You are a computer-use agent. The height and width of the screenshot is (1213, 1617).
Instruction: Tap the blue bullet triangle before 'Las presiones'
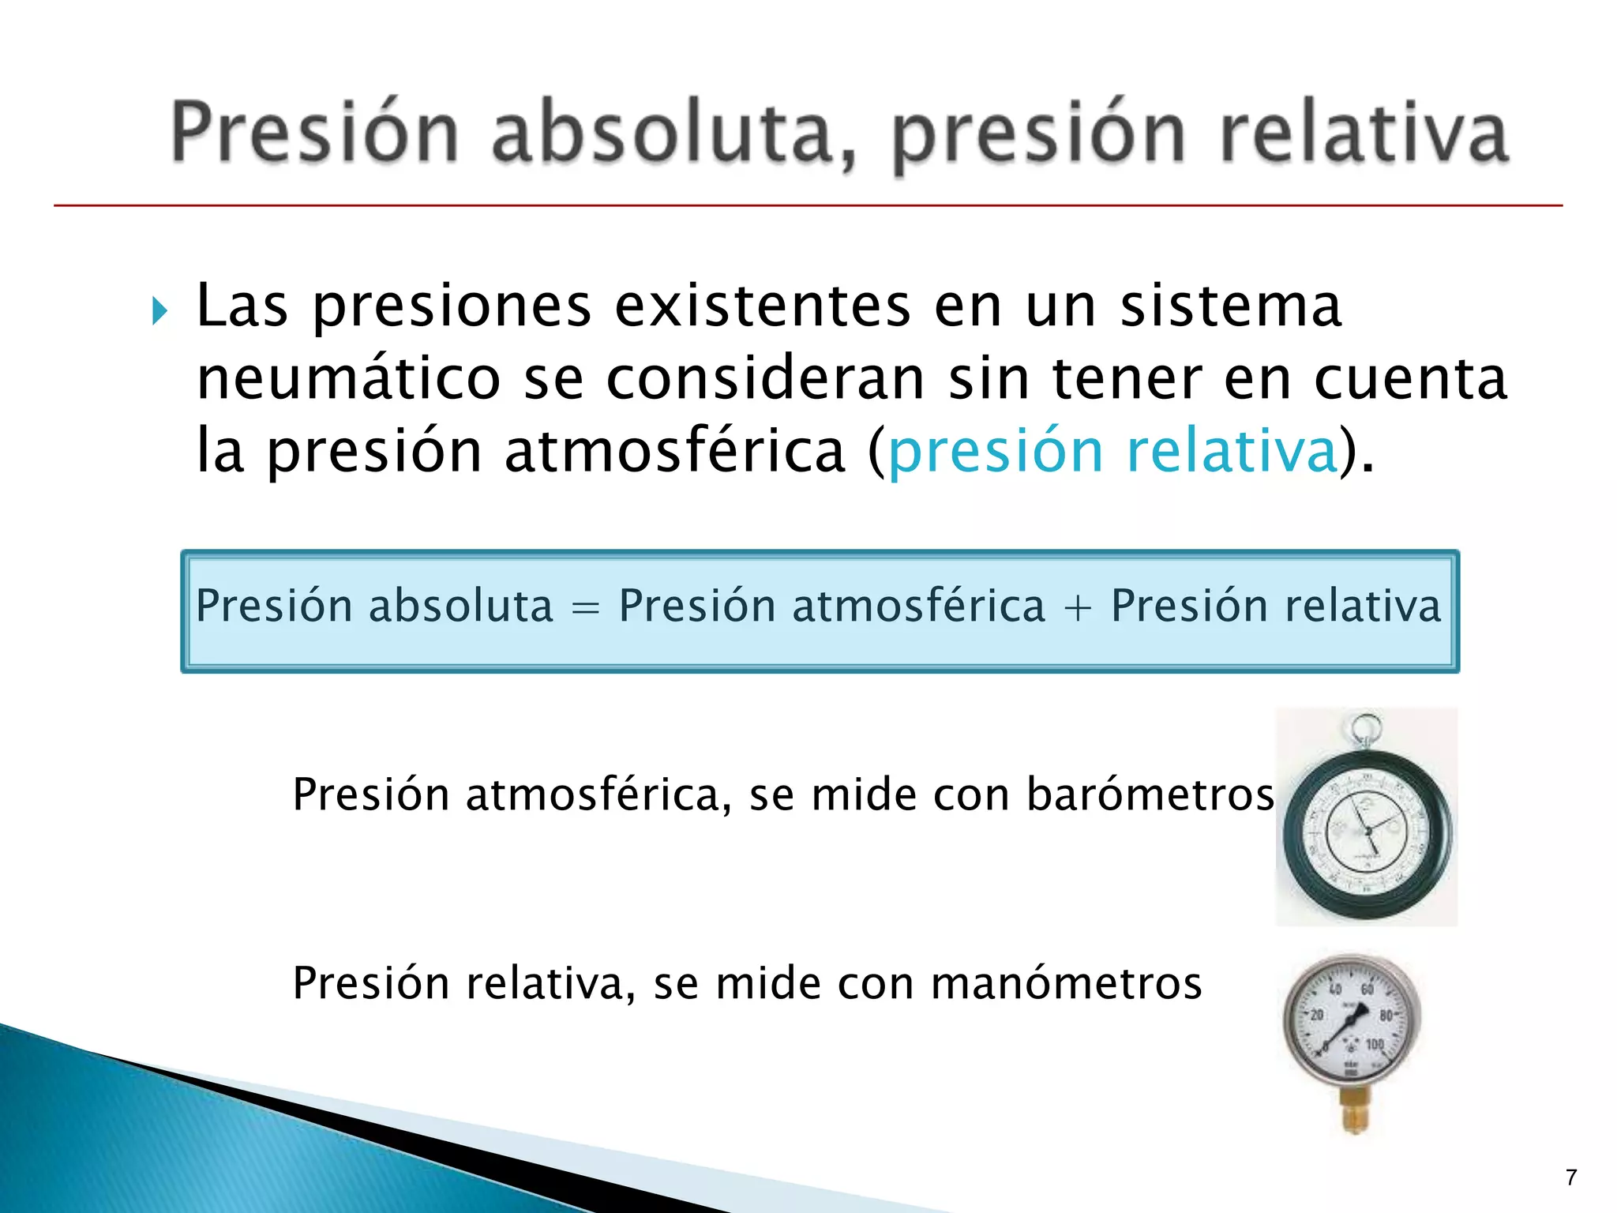click(160, 310)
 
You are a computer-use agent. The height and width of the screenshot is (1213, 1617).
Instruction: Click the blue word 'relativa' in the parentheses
click(1232, 452)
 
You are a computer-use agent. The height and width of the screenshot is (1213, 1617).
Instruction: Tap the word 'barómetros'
click(1150, 794)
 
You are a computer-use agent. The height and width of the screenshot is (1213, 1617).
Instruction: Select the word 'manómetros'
click(1066, 983)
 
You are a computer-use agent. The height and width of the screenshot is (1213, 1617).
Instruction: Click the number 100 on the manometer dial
click(1375, 1044)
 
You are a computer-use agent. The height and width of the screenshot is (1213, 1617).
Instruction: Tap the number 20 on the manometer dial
click(1317, 1016)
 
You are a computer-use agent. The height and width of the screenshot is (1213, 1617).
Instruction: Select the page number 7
click(1570, 1177)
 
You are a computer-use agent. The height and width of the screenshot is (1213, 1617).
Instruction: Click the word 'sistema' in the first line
click(1230, 306)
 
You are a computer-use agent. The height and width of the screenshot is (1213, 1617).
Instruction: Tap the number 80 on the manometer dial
click(1386, 1016)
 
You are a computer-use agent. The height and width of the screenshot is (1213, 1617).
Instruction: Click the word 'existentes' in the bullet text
click(763, 306)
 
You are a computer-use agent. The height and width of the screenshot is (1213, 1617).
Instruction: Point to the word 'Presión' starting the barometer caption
click(371, 794)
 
